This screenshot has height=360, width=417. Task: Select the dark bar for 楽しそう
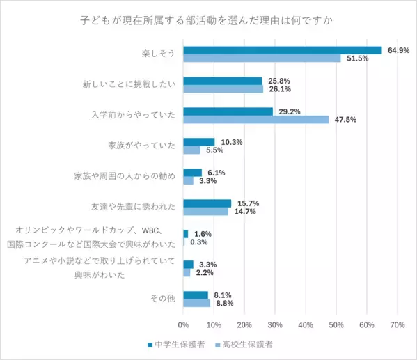tap(282, 49)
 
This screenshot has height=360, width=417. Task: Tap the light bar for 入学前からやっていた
tap(255, 119)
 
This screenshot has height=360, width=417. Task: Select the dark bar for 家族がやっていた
tap(198, 142)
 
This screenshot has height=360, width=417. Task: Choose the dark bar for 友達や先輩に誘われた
tap(207, 203)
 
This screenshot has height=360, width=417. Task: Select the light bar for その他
tap(196, 303)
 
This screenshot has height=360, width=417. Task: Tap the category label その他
tap(162, 299)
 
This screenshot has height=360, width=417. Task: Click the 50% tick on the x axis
tap(336, 324)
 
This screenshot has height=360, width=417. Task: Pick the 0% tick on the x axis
tap(183, 324)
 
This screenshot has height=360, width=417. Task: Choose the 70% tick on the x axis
tap(398, 324)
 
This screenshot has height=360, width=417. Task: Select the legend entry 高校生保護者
tap(244, 344)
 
